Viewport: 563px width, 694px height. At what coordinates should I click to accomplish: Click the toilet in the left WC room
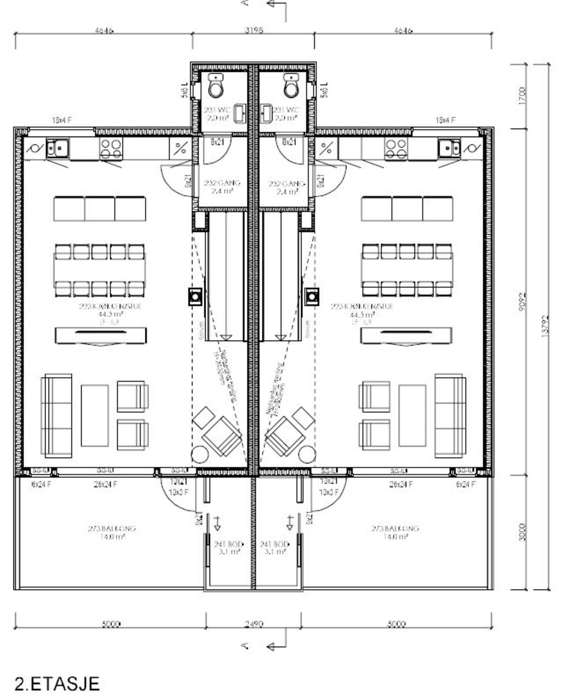point(216,85)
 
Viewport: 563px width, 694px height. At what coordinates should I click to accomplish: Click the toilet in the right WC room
point(291,85)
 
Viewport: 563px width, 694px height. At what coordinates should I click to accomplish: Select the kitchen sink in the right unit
point(448,148)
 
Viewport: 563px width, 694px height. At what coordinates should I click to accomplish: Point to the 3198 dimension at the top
point(254,30)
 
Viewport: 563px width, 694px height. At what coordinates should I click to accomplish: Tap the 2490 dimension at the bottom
point(254,623)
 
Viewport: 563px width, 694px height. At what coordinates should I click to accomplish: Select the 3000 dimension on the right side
point(522,532)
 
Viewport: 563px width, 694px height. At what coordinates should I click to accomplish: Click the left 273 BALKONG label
point(111,532)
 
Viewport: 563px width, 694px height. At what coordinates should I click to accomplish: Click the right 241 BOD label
point(274,547)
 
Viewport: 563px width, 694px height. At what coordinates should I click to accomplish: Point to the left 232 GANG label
point(222,187)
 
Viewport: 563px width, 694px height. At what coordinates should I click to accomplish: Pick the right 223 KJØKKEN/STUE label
point(362,310)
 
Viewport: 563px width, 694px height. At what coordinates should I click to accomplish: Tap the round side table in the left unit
point(200,454)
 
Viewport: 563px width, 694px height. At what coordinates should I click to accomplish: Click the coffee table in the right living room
point(412,415)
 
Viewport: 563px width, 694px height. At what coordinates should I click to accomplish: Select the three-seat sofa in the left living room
point(56,415)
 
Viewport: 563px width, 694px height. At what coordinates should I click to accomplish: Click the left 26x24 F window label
point(105,484)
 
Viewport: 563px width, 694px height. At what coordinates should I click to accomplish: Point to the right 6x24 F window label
point(465,484)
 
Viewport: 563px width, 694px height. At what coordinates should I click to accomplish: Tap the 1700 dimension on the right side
point(522,96)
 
